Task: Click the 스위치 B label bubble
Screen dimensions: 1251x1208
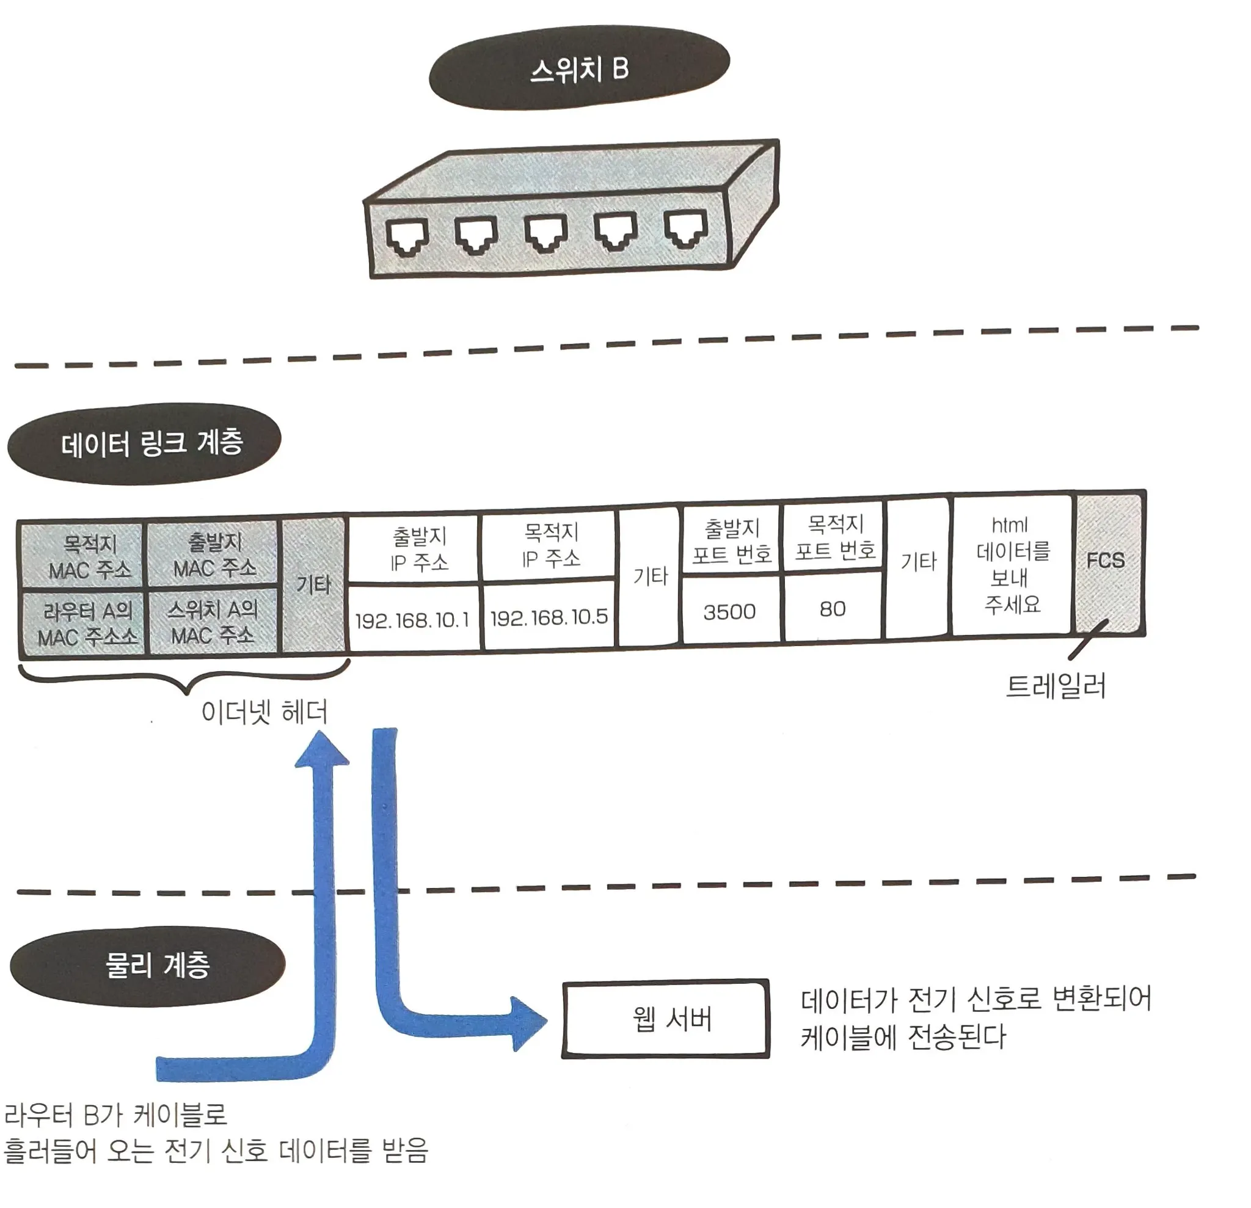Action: tap(579, 68)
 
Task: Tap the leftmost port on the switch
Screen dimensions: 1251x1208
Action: tap(407, 237)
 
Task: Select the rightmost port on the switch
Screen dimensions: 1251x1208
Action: tap(686, 228)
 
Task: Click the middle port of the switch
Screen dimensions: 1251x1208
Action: tap(546, 232)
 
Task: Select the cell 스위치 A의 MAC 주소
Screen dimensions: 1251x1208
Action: tap(213, 622)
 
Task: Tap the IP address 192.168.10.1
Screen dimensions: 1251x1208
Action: tap(412, 620)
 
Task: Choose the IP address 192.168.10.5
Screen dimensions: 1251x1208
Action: tap(549, 616)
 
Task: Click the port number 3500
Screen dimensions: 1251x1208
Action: tap(730, 611)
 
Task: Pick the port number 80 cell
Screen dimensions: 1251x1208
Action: tap(833, 608)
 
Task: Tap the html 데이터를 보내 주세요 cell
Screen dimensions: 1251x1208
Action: tap(1012, 565)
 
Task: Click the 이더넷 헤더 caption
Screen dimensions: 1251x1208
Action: tap(264, 711)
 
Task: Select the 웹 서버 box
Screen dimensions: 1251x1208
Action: tap(666, 1019)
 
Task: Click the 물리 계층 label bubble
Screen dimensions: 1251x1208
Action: tap(148, 966)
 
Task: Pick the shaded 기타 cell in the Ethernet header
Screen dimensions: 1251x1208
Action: tap(314, 584)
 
